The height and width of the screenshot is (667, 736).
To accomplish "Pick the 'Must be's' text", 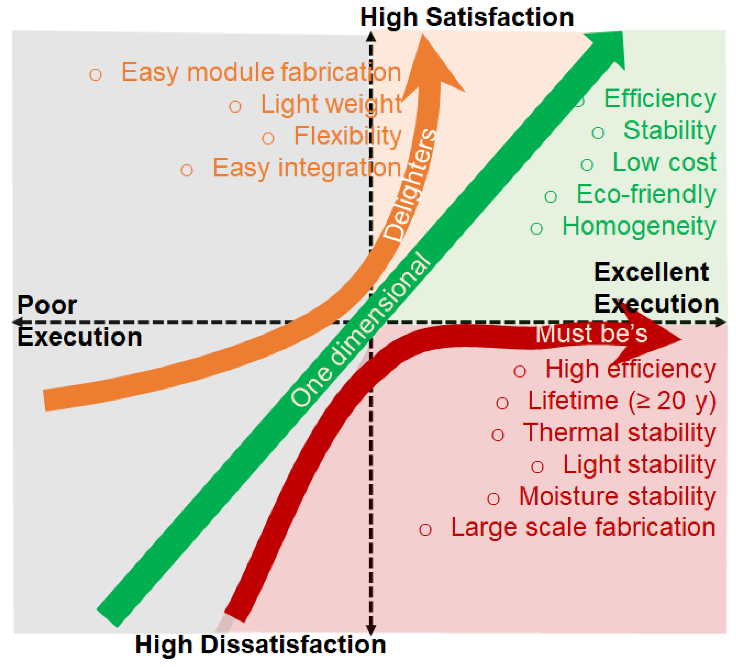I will click(591, 333).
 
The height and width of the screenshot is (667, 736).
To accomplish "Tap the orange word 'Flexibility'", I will click(347, 136).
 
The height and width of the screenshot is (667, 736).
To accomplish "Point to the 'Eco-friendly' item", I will click(645, 194).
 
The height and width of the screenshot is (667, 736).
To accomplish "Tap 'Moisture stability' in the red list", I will click(617, 496).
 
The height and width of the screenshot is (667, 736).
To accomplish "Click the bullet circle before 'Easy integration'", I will click(187, 170).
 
